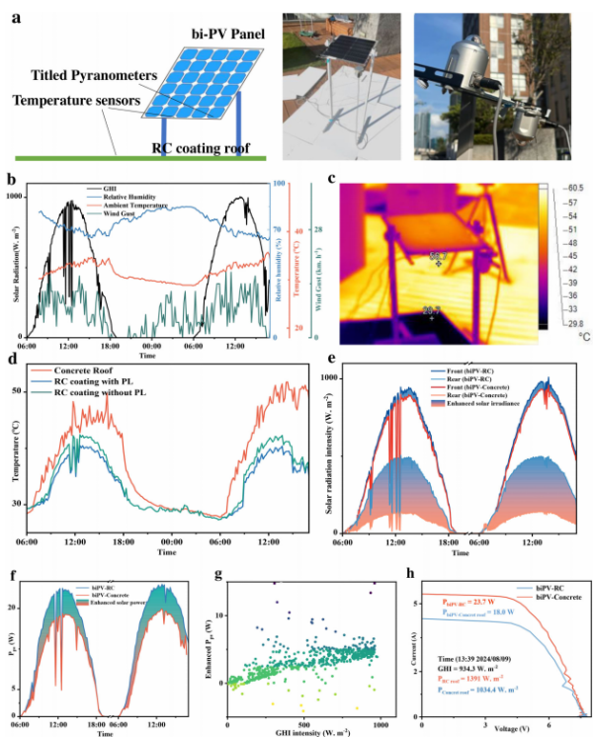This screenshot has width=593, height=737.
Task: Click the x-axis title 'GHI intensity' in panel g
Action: (x=309, y=732)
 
